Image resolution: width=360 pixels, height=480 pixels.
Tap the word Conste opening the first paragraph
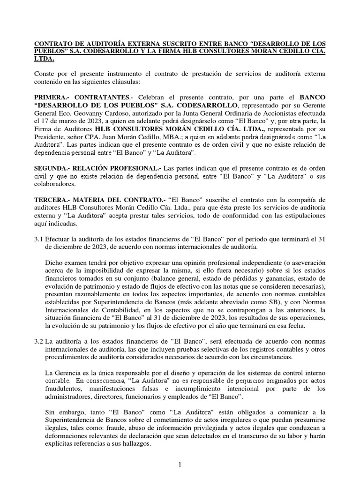45,75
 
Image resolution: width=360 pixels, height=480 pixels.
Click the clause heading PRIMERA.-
53,97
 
